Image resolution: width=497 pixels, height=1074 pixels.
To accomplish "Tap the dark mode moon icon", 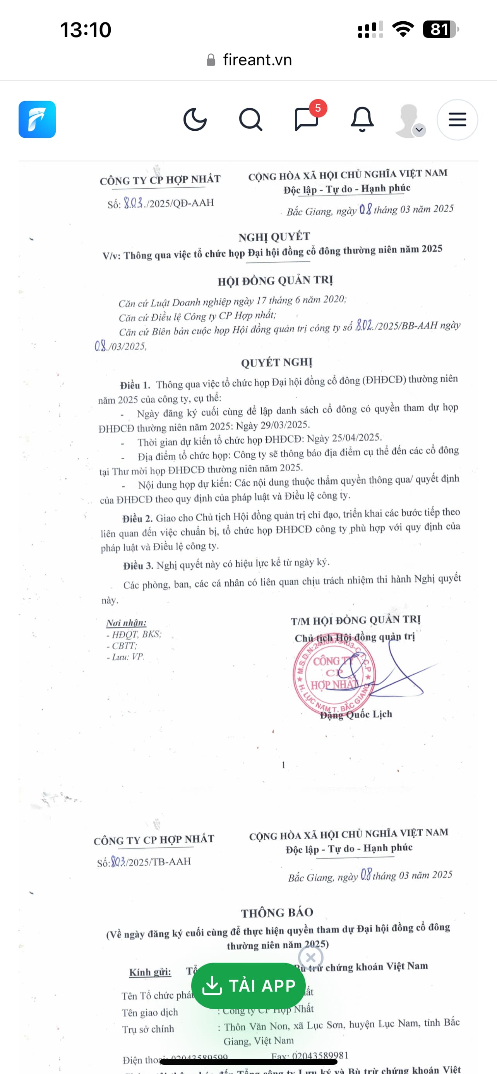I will [195, 120].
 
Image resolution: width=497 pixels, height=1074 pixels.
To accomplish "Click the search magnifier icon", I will [250, 120].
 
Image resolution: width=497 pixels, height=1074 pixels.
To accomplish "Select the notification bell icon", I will [362, 120].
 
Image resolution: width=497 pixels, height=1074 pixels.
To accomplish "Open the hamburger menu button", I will [457, 120].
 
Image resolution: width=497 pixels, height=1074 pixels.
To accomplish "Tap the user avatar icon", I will [409, 121].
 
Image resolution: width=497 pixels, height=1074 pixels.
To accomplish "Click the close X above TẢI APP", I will [310, 957].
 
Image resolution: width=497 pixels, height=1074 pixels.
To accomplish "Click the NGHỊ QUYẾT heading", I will [274, 237].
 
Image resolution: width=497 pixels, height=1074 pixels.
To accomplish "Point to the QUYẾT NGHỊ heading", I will [277, 362].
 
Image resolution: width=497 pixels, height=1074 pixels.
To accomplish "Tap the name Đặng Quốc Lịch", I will [356, 714].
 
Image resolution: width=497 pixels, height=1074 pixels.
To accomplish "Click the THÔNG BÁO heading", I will [277, 912].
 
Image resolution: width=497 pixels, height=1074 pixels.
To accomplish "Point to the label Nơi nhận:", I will [127, 622].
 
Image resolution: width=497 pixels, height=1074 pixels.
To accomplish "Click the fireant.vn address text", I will [257, 60].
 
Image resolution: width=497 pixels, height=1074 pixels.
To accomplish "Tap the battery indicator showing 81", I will [440, 29].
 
